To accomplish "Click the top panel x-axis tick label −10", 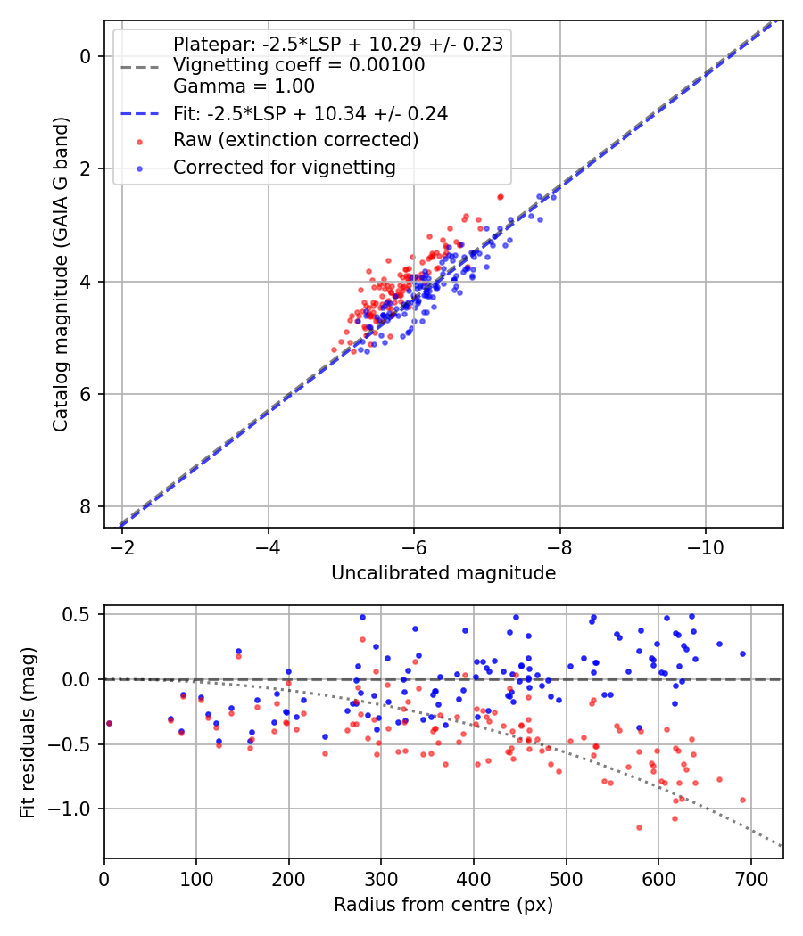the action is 706,547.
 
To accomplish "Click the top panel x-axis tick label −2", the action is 122,547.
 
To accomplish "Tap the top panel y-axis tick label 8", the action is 86,507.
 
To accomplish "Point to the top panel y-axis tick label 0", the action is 86,57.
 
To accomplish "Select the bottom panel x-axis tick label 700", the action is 750,879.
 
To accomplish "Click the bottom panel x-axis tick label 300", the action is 381,879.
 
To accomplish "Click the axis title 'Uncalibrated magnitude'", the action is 443,573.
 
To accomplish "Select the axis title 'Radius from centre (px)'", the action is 443,905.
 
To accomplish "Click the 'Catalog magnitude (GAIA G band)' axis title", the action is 61,274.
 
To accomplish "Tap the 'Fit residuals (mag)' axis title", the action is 28,733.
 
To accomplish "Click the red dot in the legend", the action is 140,142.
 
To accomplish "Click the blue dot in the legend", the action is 140,169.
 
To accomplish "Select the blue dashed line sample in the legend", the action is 140,114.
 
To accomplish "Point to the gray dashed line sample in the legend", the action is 140,66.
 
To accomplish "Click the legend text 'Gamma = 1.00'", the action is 244,86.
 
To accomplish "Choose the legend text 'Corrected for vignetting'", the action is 285,168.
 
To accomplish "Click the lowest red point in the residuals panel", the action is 640,827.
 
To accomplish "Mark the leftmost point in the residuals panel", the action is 109,724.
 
